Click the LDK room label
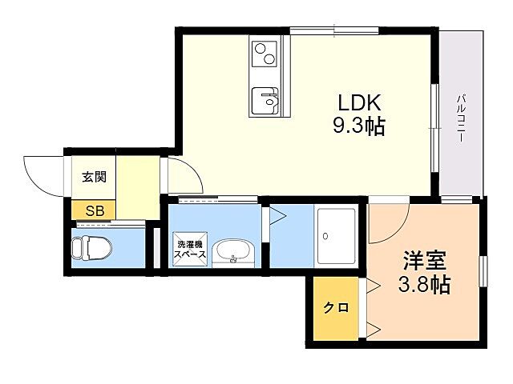(357, 103)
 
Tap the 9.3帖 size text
(358, 126)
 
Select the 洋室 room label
(424, 261)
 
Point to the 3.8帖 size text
(424, 284)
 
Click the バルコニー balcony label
(462, 118)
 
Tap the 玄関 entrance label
(94, 177)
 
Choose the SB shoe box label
(95, 211)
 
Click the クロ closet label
(336, 307)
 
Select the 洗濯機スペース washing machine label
(191, 249)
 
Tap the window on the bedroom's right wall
(484, 270)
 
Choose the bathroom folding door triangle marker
(276, 214)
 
